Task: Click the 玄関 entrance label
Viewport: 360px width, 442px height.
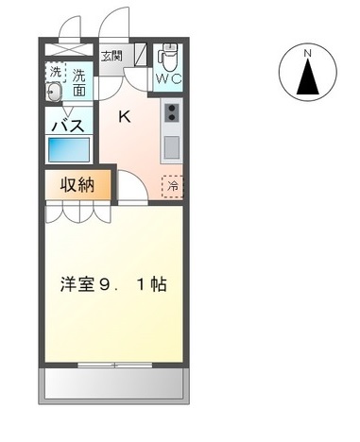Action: (111, 57)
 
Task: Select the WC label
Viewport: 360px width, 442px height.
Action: (169, 77)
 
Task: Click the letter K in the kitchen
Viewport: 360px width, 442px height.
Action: (124, 117)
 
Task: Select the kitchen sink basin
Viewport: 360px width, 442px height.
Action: (172, 146)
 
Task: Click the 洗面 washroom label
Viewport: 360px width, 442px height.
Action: (78, 82)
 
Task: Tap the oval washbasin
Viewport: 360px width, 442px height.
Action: (55, 93)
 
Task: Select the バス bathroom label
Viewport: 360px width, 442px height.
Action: (68, 125)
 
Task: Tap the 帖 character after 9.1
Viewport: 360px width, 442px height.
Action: (158, 283)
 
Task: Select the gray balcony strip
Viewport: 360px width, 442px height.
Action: (112, 382)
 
